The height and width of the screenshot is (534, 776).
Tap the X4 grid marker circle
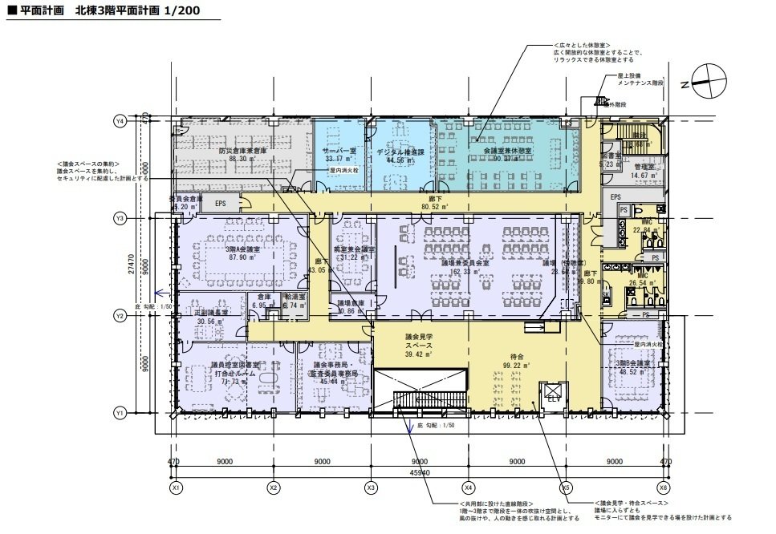[x=468, y=487]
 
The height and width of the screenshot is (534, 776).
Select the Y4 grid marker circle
[x=120, y=121]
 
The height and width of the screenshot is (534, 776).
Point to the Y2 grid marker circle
[x=120, y=315]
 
